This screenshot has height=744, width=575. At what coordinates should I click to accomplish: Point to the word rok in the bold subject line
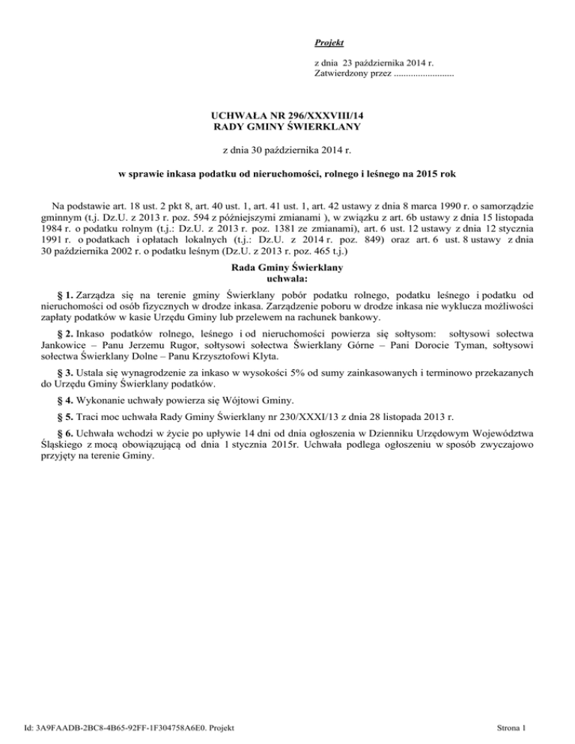[448, 174]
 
